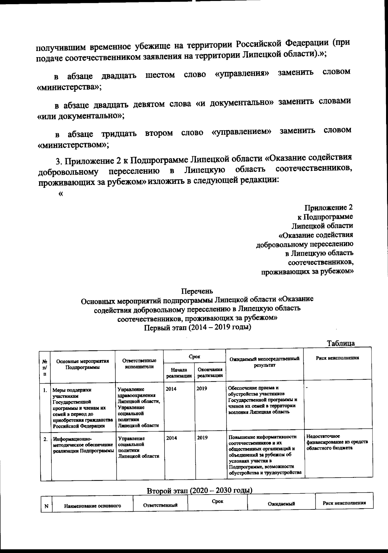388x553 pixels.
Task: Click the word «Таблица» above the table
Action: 340,343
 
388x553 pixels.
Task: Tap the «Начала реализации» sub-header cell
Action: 179,372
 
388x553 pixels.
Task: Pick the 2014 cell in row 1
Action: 171,389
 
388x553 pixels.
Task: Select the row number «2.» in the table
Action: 46,439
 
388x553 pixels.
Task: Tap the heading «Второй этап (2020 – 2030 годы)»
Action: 199,490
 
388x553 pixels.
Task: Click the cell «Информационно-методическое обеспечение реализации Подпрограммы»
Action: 83,444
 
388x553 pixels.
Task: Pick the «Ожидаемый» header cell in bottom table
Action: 281,504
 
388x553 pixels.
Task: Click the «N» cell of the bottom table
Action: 46,506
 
